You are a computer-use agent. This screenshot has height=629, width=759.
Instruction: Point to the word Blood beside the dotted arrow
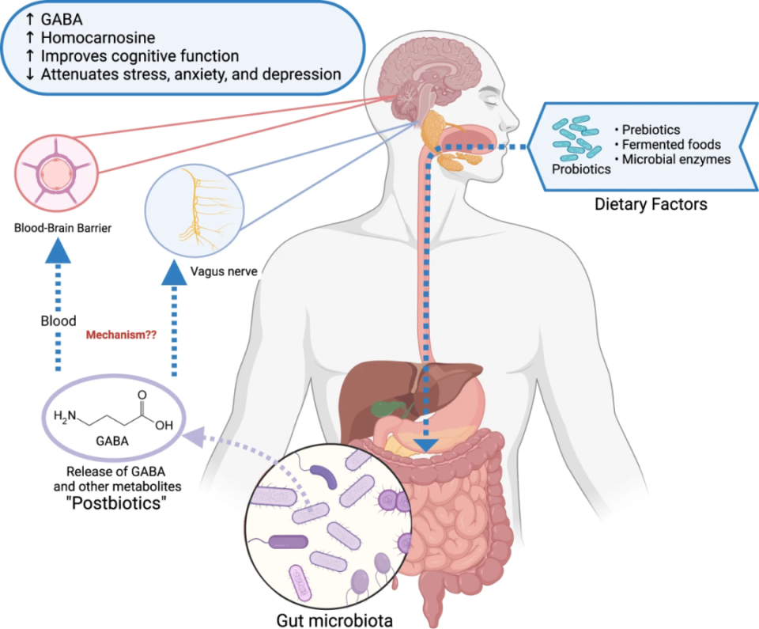click(x=58, y=321)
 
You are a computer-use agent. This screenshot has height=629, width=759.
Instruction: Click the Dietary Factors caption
click(x=650, y=205)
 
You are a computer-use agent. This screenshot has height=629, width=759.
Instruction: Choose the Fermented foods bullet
click(x=669, y=145)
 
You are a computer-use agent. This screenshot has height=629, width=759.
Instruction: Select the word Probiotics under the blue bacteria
click(x=580, y=169)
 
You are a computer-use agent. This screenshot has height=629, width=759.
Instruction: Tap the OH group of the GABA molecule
click(x=163, y=425)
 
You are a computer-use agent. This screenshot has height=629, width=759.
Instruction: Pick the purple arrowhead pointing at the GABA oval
click(x=193, y=435)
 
